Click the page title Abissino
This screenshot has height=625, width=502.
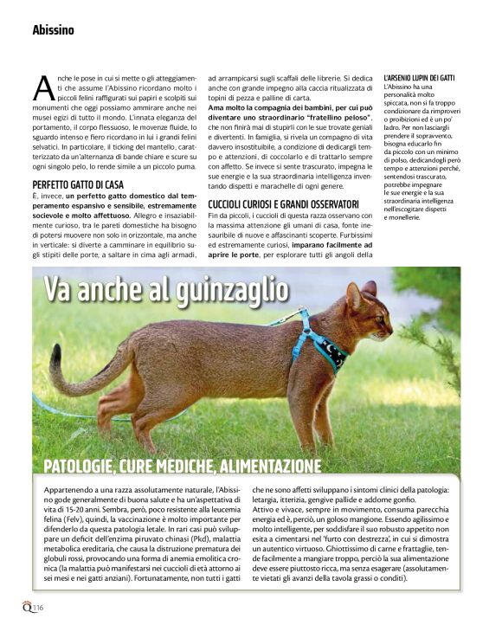click(53, 29)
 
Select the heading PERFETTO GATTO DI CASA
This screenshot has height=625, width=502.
click(78, 185)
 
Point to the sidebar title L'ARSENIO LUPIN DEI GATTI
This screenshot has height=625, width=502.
click(418, 78)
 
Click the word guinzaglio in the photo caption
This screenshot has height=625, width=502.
click(221, 290)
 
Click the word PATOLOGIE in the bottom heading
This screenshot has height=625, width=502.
click(80, 467)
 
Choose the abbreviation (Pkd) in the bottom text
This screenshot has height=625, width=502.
click(203, 532)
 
